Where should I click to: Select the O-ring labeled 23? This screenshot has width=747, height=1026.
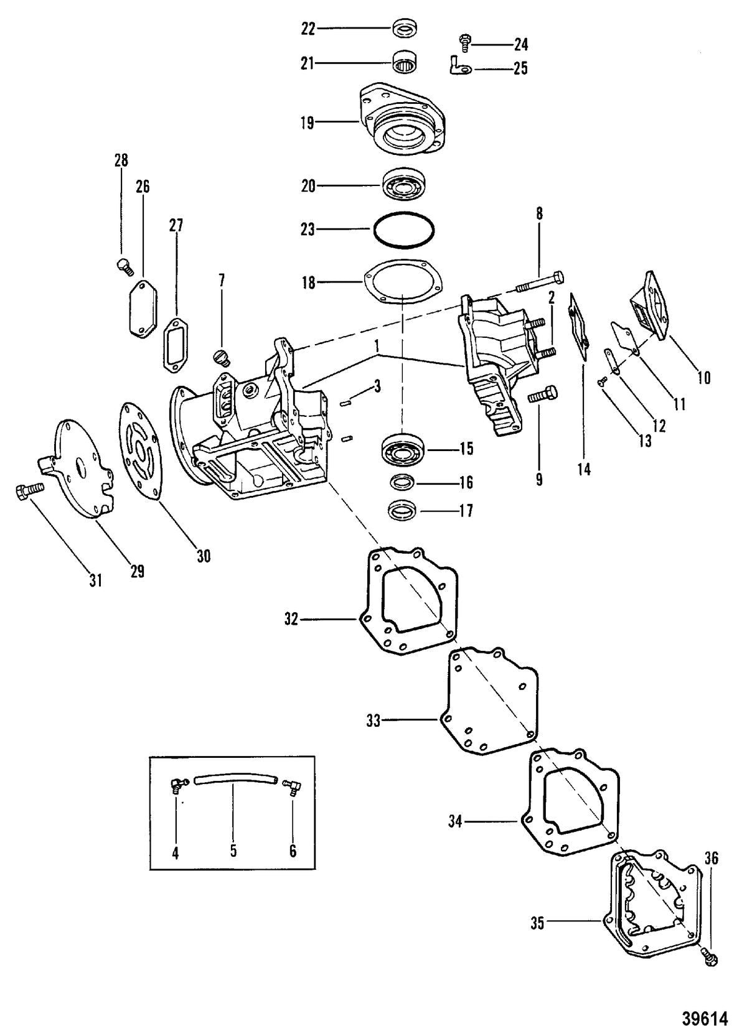click(x=403, y=230)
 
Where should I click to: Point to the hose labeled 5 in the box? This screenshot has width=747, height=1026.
click(x=233, y=781)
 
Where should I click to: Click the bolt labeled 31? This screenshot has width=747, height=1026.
click(x=27, y=490)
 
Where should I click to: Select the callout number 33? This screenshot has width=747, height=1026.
click(x=374, y=721)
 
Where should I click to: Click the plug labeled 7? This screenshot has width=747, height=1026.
click(x=221, y=358)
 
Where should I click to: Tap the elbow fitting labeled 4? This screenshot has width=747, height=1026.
click(x=176, y=786)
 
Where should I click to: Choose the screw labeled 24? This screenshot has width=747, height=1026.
click(x=464, y=42)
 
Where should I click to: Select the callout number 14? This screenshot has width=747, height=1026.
click(x=584, y=468)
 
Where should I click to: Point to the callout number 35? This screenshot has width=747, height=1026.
click(x=537, y=924)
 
